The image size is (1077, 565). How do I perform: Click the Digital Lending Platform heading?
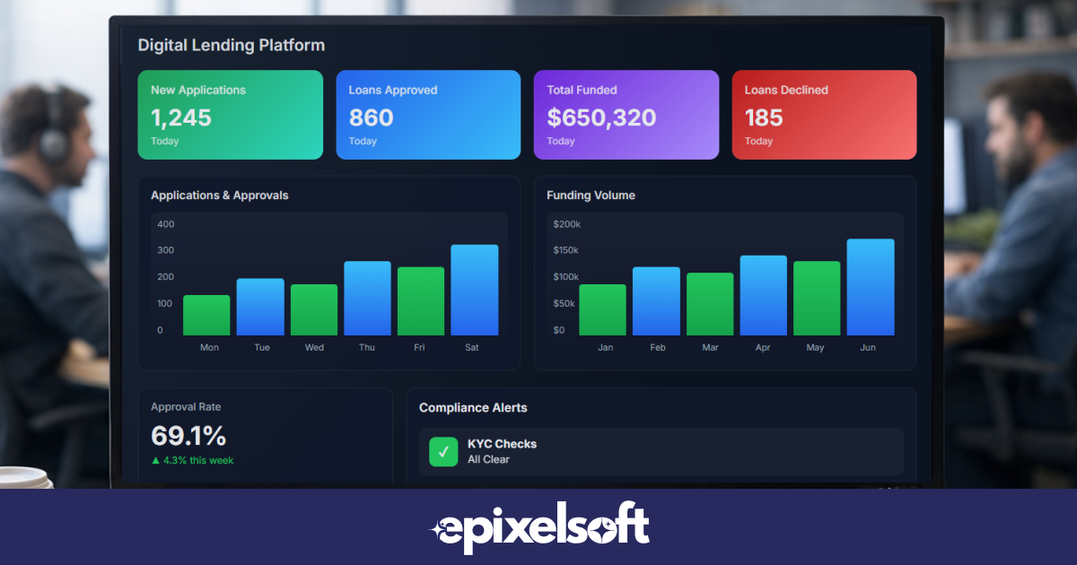[x=231, y=45]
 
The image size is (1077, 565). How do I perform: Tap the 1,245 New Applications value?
[x=180, y=117]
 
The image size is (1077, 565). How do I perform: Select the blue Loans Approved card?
[x=428, y=115]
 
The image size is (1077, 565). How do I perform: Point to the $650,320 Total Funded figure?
[x=600, y=117]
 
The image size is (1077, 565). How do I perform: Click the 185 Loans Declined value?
[x=764, y=117]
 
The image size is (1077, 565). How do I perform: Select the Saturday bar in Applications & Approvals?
[x=474, y=290]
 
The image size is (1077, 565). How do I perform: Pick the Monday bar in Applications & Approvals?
[x=206, y=315]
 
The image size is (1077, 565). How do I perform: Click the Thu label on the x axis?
[x=367, y=348]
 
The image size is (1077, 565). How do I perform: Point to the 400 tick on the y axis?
[x=166, y=224]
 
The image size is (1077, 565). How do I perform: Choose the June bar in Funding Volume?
[x=870, y=287]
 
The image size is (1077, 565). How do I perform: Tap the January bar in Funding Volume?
[x=602, y=309]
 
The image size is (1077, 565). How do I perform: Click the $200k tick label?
[x=566, y=224]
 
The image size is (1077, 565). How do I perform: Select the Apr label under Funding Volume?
[x=763, y=348]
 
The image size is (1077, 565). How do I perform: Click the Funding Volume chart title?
[x=591, y=196]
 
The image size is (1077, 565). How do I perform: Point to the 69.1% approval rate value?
[x=188, y=436]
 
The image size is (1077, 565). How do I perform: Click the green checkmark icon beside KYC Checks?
[x=443, y=451]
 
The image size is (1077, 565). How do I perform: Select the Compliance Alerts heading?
[x=473, y=408]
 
